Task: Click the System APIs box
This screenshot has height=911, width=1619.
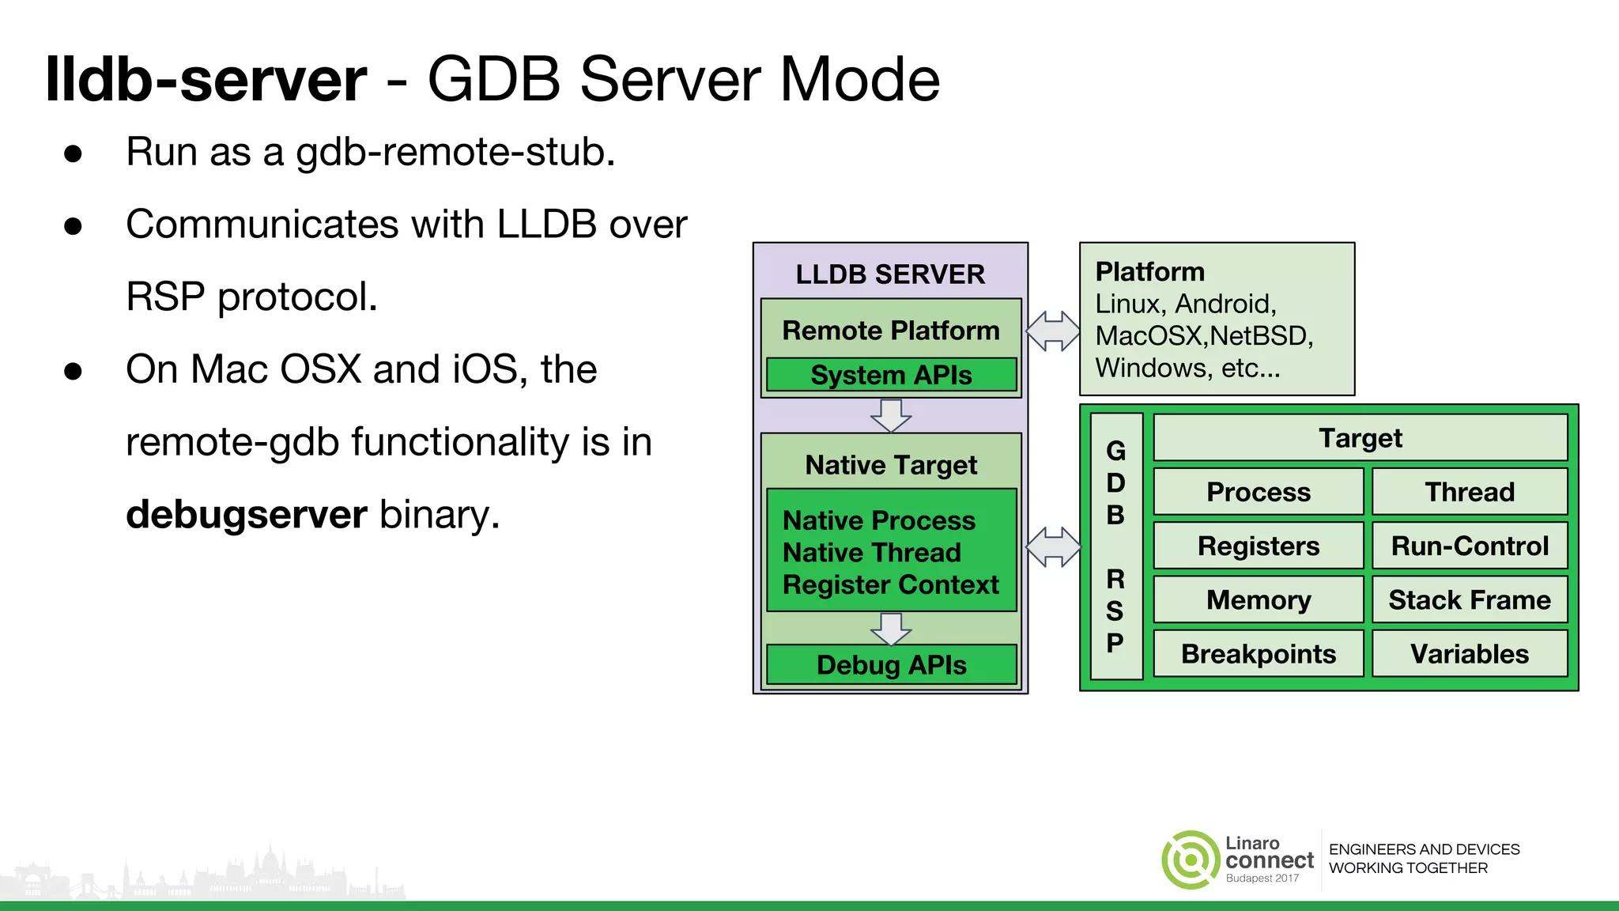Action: click(x=891, y=375)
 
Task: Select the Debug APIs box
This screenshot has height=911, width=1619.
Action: click(x=891, y=665)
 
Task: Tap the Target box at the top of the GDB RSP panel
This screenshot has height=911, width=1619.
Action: click(x=1360, y=437)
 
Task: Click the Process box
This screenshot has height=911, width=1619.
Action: click(x=1259, y=492)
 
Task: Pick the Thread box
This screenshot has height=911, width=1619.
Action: click(x=1470, y=492)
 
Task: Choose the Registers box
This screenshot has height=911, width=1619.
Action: click(x=1259, y=546)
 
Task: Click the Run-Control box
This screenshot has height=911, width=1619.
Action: click(x=1470, y=546)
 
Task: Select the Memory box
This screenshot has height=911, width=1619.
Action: click(x=1259, y=599)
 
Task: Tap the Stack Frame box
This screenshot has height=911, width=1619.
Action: click(x=1470, y=599)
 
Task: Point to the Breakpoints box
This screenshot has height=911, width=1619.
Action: click(x=1259, y=654)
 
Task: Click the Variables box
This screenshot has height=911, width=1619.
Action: click(x=1470, y=654)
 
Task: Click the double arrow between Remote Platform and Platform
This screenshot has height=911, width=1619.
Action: click(x=1053, y=331)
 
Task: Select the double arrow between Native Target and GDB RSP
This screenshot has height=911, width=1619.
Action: click(x=1053, y=546)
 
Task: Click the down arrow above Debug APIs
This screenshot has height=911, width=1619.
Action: click(x=891, y=629)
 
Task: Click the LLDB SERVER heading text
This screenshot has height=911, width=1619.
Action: click(x=890, y=274)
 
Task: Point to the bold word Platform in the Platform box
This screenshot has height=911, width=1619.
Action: click(x=1149, y=272)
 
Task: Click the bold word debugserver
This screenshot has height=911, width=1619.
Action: click(x=246, y=514)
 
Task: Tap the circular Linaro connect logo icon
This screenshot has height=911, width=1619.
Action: click(x=1190, y=860)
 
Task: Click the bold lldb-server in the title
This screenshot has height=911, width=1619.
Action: click(x=206, y=79)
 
